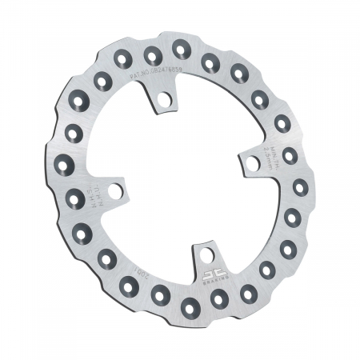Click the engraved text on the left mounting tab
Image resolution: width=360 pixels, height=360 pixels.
pyautogui.click(x=96, y=193)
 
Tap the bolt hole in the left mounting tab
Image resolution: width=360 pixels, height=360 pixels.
pyautogui.click(x=117, y=192)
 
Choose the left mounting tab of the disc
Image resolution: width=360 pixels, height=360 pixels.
pyautogui.click(x=112, y=191)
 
